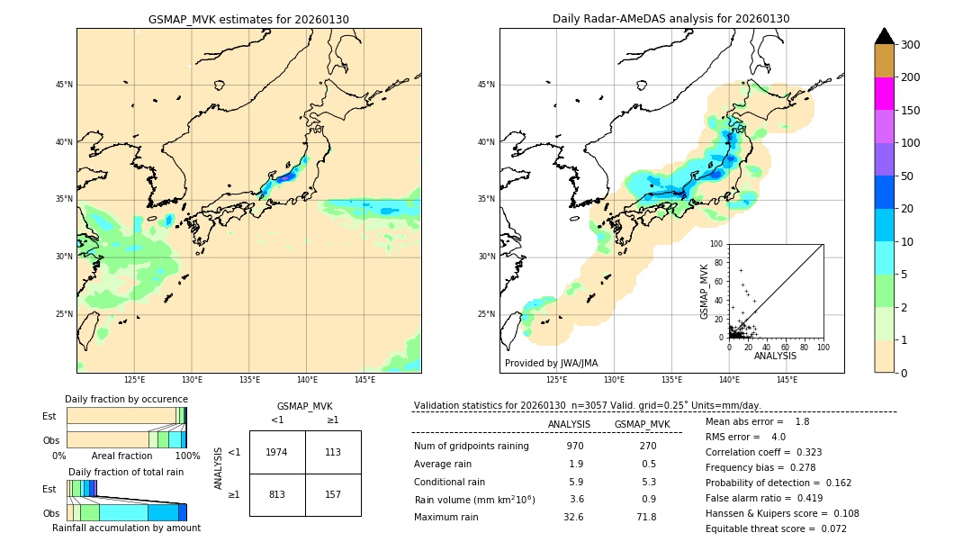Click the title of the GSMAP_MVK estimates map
pyautogui.click(x=248, y=20)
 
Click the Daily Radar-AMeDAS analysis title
pyautogui.click(x=671, y=20)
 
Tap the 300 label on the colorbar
pyautogui.click(x=911, y=45)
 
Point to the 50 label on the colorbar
pyautogui.click(x=907, y=176)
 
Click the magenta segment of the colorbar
pyautogui.click(x=884, y=94)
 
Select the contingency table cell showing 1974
pyautogui.click(x=277, y=452)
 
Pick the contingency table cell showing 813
pyautogui.click(x=277, y=494)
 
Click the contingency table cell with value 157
pyautogui.click(x=333, y=494)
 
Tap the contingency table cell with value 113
pyautogui.click(x=333, y=452)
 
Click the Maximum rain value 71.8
pyautogui.click(x=646, y=518)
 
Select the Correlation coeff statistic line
pyautogui.click(x=763, y=453)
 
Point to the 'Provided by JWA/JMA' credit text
pyautogui.click(x=551, y=364)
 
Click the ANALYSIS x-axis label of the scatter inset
pyautogui.click(x=775, y=356)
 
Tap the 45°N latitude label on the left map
pyautogui.click(x=64, y=85)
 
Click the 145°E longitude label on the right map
pyautogui.click(x=787, y=380)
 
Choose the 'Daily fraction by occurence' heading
pyautogui.click(x=126, y=399)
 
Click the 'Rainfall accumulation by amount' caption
pyautogui.click(x=126, y=528)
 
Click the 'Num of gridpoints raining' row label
pyautogui.click(x=472, y=447)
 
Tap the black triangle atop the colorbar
pyautogui.click(x=884, y=36)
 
